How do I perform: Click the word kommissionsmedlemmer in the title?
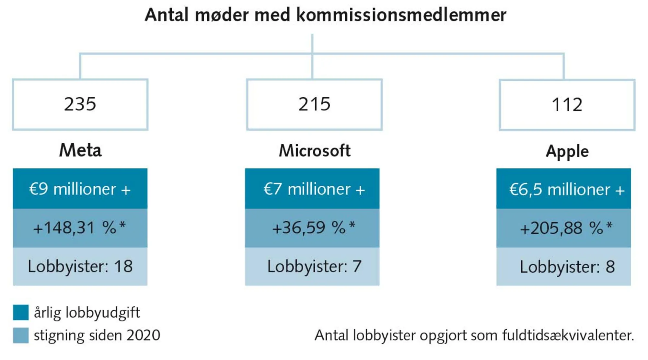click(401, 15)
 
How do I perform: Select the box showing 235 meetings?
click(80, 104)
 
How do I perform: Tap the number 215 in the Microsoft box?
click(314, 104)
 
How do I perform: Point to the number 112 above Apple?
click(567, 105)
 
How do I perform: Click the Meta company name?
click(80, 150)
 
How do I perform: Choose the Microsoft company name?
click(315, 151)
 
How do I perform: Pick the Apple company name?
click(567, 151)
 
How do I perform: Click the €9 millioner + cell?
click(80, 189)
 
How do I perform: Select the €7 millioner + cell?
click(312, 189)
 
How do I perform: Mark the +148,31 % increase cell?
click(80, 228)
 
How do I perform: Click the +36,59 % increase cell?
click(312, 228)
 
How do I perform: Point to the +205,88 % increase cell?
click(564, 228)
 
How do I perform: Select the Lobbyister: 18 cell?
click(80, 266)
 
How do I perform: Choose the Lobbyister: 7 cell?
click(312, 266)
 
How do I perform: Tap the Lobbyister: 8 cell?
click(564, 267)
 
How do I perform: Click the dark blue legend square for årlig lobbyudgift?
click(21, 312)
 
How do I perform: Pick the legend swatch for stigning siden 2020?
click(21, 335)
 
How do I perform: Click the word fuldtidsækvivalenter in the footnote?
click(568, 335)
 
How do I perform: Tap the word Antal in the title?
click(167, 15)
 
